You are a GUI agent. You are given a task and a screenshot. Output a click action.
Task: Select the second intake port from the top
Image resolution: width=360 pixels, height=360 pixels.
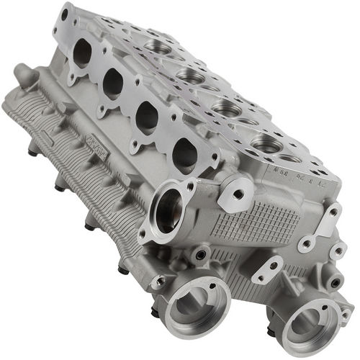pos(113,84)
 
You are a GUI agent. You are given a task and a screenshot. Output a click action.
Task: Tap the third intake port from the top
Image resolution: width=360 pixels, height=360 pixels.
pos(147,117)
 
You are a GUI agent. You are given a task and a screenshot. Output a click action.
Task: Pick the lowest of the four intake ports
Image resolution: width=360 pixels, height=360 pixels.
pos(184,153)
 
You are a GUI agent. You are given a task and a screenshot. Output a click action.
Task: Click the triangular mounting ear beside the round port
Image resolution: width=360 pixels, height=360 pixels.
pos(232,194)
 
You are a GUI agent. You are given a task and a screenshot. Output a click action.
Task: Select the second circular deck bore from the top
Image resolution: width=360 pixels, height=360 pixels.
pos(190,75)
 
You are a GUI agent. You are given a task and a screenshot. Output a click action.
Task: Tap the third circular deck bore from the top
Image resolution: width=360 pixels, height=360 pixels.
pos(227,109)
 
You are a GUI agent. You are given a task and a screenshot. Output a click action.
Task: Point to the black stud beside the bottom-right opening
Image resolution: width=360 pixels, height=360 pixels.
pos(271,331)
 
